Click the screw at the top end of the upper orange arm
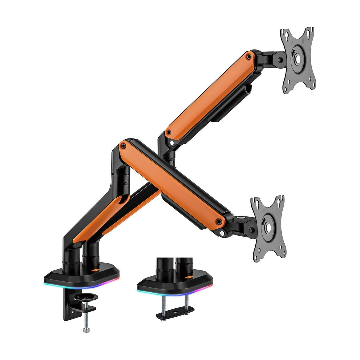pyautogui.click(x=249, y=55)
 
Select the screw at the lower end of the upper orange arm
pyautogui.click(x=169, y=132)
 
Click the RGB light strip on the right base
pyautogui.click(x=175, y=291)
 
